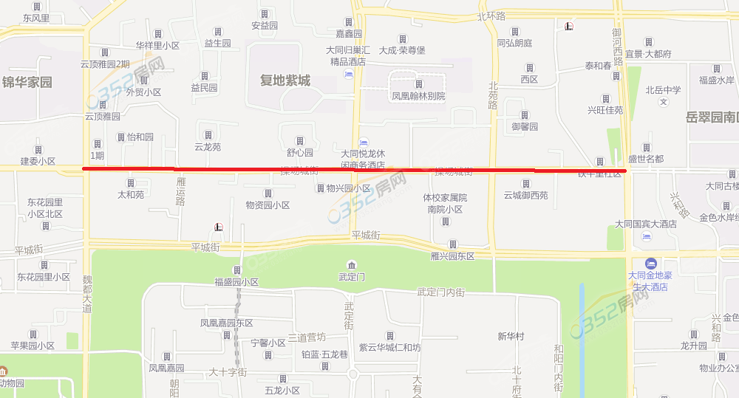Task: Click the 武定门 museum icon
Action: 351,265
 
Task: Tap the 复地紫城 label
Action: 285,80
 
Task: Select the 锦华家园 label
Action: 27,82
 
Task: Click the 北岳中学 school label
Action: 663,90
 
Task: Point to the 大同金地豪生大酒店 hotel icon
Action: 650,264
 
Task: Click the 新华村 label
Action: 511,336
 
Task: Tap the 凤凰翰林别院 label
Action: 418,96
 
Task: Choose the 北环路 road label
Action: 491,16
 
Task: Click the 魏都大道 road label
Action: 87,293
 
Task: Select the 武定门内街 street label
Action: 440,292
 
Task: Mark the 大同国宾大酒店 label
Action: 646,223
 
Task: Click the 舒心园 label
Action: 300,153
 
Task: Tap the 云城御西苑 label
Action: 525,195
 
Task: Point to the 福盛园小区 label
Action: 236,281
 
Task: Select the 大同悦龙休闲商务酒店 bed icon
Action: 363,142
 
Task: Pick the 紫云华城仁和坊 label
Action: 389,347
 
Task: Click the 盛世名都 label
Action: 646,159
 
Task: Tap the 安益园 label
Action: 264,25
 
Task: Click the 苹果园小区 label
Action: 33,346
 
